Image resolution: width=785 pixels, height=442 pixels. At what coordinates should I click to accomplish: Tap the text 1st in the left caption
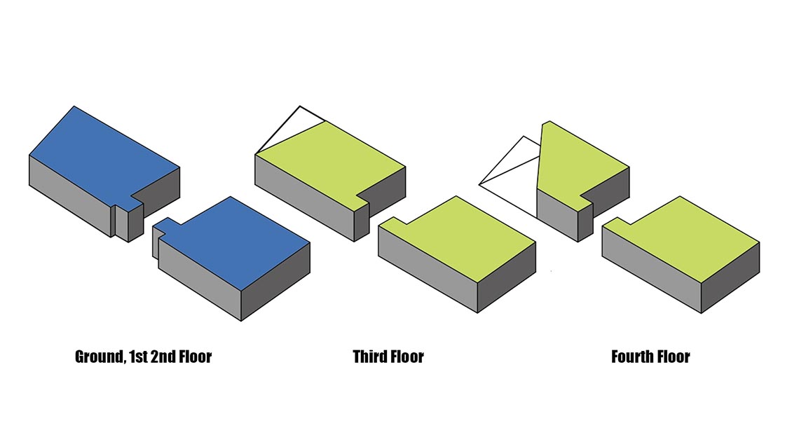[138, 357]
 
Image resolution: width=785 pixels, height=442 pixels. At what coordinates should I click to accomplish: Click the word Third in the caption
[368, 357]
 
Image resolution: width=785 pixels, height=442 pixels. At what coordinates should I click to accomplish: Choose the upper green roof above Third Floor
[330, 160]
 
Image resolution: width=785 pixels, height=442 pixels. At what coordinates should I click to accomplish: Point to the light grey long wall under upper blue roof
[70, 195]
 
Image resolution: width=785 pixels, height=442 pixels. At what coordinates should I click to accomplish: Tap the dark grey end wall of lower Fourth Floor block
[730, 278]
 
